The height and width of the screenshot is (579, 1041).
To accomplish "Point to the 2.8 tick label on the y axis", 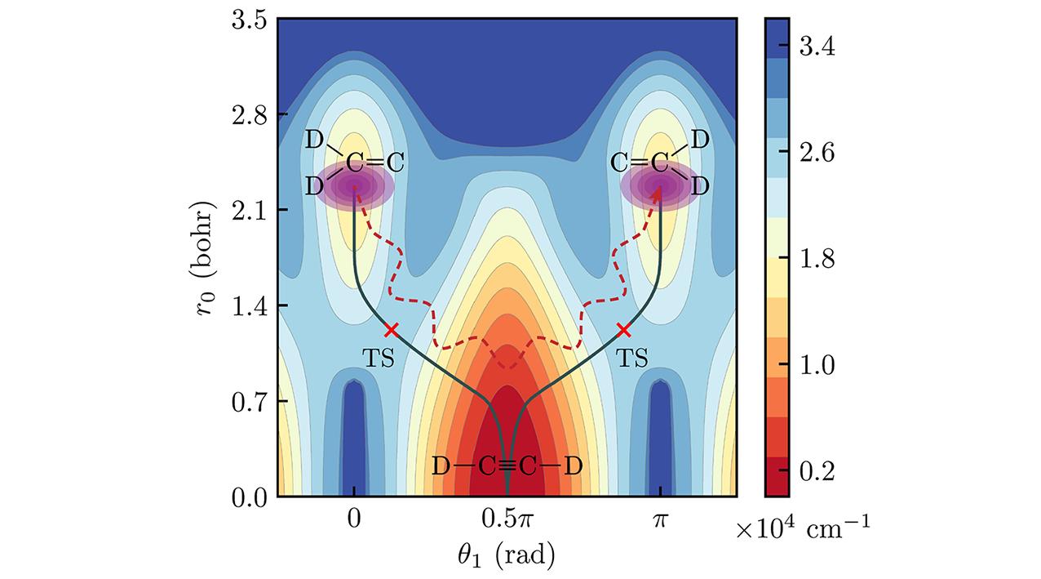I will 241,114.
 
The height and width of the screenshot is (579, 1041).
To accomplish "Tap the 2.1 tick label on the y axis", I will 241,210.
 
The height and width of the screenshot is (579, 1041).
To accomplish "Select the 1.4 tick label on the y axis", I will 241,305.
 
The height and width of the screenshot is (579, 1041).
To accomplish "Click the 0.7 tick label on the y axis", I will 241,401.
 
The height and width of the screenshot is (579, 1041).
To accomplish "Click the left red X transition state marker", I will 391,330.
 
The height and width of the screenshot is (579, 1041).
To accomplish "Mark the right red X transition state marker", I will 624,330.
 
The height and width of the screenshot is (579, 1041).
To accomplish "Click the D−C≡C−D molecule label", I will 507,467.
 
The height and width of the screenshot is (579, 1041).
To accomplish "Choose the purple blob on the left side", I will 356,186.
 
